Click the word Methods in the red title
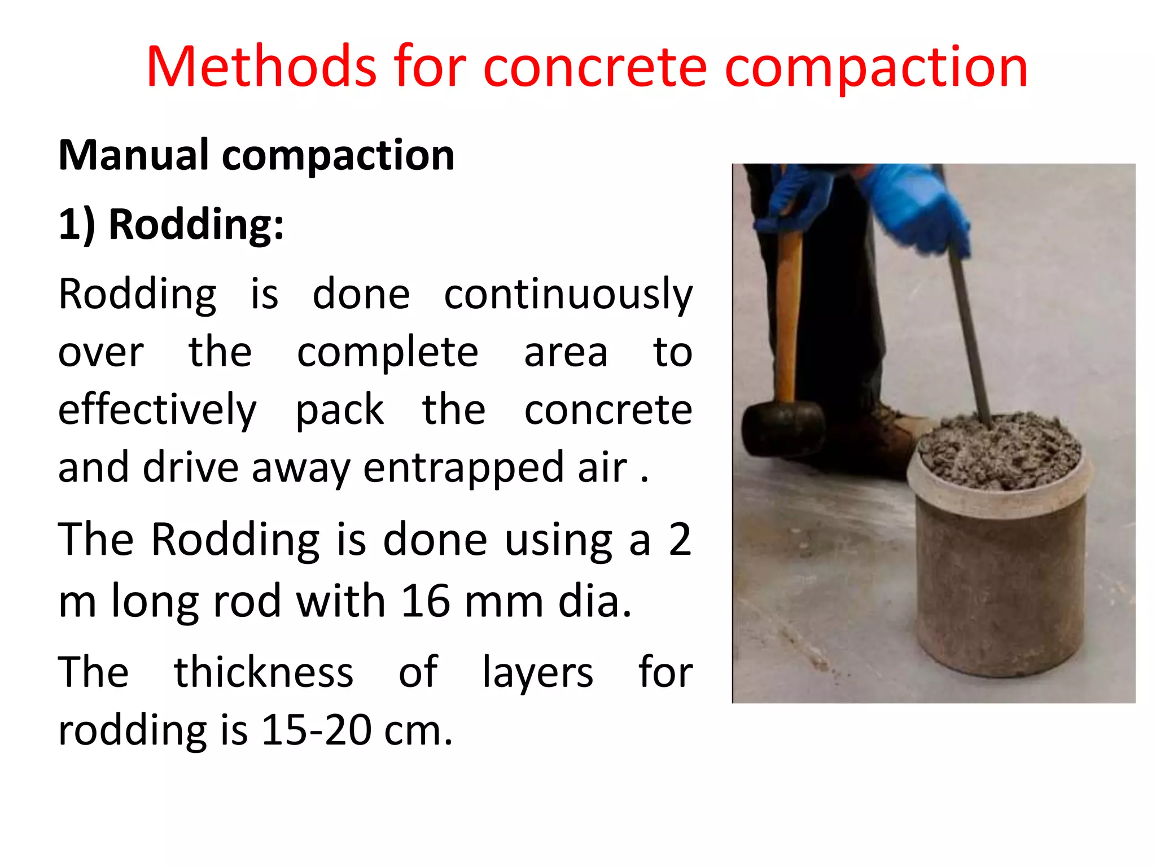pos(261,67)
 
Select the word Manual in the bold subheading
pos(134,155)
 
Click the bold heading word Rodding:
pos(196,225)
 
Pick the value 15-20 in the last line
pos(316,730)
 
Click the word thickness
pos(264,672)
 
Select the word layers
pos(537,673)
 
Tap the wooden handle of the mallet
pos(788,316)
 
